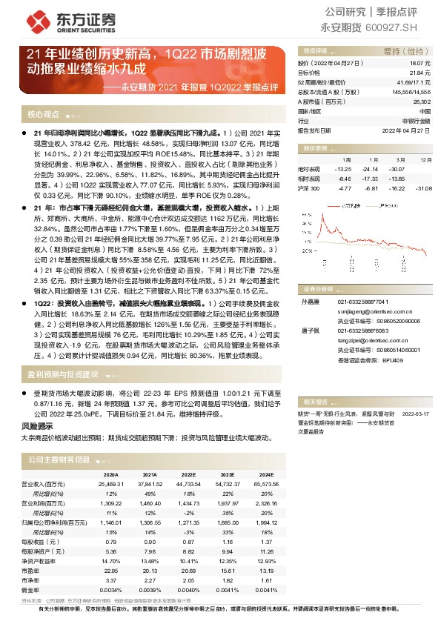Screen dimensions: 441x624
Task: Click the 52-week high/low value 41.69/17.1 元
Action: pos(413,82)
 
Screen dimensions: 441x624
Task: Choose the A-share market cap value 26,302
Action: pos(420,101)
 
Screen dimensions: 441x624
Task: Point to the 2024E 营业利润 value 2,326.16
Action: pos(268,502)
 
